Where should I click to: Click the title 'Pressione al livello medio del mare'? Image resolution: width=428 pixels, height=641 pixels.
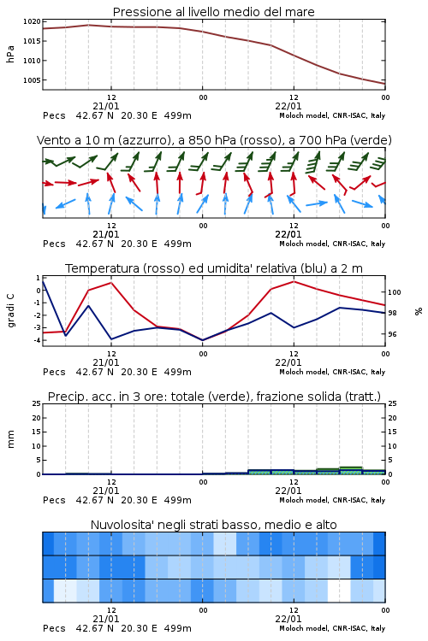(213, 12)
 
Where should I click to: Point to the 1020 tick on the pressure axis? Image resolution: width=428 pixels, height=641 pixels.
(32, 21)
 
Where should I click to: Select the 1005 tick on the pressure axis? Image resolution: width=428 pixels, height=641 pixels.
(32, 80)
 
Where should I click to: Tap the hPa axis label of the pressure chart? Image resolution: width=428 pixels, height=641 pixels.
(10, 54)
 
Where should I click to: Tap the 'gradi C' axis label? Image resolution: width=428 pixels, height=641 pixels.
(11, 311)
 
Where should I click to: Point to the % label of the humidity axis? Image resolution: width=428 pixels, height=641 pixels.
(419, 311)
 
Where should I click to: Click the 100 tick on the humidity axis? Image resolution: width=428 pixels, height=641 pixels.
(395, 292)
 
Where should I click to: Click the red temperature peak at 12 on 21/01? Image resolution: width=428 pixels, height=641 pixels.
(111, 283)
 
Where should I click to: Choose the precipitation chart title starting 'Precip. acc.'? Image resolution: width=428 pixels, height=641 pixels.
(214, 397)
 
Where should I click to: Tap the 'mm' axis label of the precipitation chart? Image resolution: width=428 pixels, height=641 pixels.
(10, 439)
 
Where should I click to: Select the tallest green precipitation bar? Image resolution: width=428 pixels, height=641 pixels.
(351, 471)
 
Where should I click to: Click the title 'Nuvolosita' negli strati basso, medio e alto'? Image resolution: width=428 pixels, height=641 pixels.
(213, 525)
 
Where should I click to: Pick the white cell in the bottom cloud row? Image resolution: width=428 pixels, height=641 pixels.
(340, 591)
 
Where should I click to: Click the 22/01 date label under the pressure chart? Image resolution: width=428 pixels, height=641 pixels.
(288, 106)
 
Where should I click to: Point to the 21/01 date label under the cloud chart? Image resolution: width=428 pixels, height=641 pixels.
(106, 619)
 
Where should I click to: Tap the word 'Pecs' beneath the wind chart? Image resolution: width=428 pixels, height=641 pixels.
(54, 244)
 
